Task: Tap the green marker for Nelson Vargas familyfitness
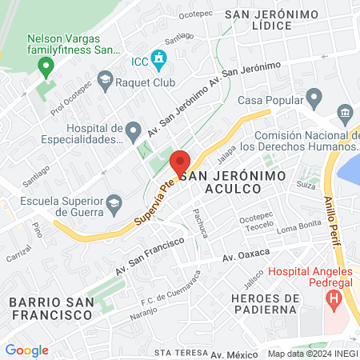pos(46,66)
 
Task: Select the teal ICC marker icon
pos(160,58)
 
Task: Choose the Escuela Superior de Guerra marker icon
pos(114,202)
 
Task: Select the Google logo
pos(26,350)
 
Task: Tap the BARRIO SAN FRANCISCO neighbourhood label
pos(50,308)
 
